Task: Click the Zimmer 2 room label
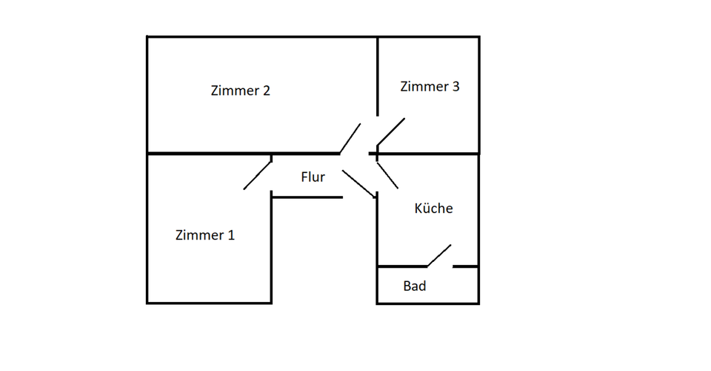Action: [x=241, y=91]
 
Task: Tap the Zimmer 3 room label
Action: [x=430, y=87]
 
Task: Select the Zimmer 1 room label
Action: [x=205, y=235]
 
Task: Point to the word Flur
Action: [x=313, y=177]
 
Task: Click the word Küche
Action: [x=433, y=209]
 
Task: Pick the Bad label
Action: [x=415, y=286]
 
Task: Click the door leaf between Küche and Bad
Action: [x=439, y=255]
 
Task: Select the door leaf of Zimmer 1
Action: [x=257, y=175]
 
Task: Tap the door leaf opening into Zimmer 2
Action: [x=350, y=138]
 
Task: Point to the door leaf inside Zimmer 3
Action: [x=391, y=131]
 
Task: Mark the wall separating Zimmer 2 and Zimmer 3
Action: [x=378, y=74]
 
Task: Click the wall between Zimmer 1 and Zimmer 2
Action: [x=207, y=154]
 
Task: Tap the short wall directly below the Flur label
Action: [x=307, y=197]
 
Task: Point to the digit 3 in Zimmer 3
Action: [x=455, y=87]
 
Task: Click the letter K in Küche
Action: [x=418, y=209]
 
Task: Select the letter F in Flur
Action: [x=304, y=177]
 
